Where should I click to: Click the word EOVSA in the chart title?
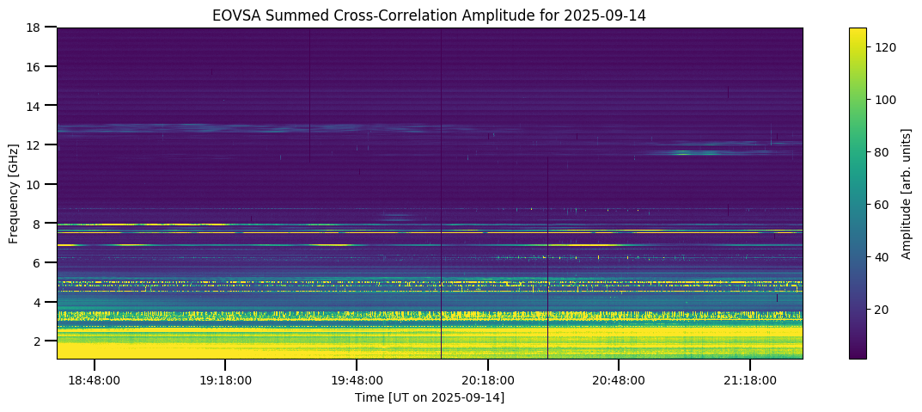(234, 15)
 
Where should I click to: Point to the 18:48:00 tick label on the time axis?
(94, 380)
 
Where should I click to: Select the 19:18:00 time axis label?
(225, 380)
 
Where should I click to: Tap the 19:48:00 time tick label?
(357, 380)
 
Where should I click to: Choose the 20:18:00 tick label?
(488, 380)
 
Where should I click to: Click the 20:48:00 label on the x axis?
(620, 380)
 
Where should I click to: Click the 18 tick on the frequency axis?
(40, 28)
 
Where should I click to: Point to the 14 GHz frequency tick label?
(40, 106)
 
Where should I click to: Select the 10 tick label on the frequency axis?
(40, 184)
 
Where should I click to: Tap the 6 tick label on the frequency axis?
(43, 263)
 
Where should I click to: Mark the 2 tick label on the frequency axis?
(43, 341)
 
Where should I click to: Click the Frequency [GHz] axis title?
(15, 194)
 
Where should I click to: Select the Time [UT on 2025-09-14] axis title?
(430, 397)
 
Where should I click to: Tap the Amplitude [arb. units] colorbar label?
(906, 194)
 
